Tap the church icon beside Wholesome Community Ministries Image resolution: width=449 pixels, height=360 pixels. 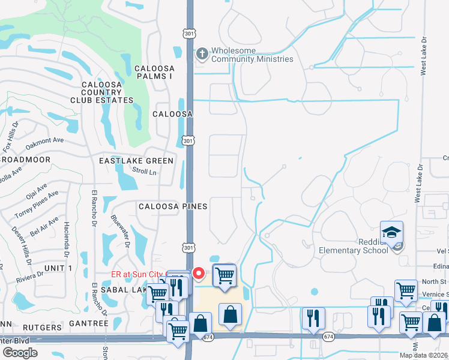coord(202,53)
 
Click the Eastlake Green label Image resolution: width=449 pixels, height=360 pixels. coord(136,161)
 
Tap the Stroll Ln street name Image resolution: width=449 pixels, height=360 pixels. coord(144,172)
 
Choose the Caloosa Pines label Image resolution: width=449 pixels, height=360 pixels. coord(173,206)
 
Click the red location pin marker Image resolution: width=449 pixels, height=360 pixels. coord(200,273)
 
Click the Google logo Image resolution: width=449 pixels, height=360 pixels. coord(20,352)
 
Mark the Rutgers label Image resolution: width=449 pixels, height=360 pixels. coord(42,328)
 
